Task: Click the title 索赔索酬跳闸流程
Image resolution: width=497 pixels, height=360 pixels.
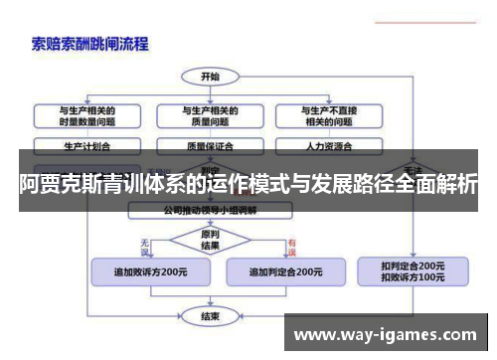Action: coord(89,43)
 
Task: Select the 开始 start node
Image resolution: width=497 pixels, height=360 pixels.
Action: coord(209,76)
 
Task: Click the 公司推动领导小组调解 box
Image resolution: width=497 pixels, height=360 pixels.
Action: coord(212,211)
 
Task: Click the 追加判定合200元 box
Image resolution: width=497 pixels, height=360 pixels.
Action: coord(284,271)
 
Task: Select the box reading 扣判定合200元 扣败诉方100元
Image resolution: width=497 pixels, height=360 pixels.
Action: coord(414,271)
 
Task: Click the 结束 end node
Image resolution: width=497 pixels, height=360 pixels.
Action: coord(210,316)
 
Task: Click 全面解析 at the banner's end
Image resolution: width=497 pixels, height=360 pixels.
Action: coord(438,183)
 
